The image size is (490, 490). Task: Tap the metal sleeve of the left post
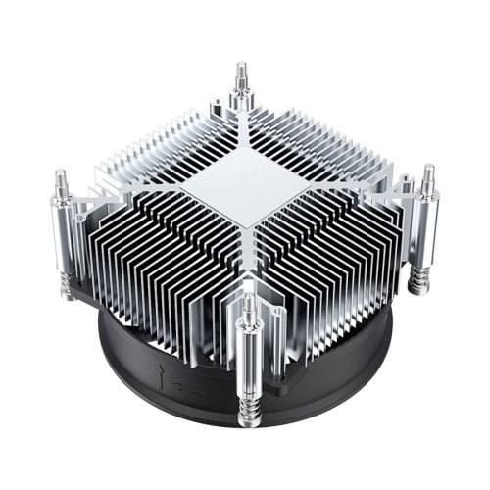click(65, 226)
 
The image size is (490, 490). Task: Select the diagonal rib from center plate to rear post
click(242, 132)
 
